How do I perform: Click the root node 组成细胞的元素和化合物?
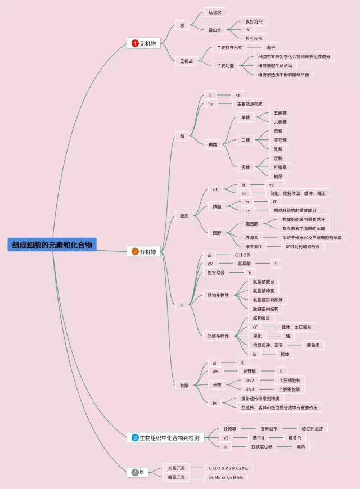click(x=52, y=244)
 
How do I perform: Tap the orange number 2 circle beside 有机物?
click(x=135, y=252)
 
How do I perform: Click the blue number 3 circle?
click(x=135, y=437)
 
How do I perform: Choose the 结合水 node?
click(x=214, y=12)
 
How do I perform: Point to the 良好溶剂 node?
click(x=253, y=21)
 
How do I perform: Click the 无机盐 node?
click(x=186, y=61)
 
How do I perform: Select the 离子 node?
click(x=271, y=48)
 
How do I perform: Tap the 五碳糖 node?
click(x=280, y=112)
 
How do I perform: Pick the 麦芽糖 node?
click(x=280, y=140)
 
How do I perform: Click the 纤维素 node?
click(x=280, y=167)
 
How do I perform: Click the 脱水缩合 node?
click(x=215, y=273)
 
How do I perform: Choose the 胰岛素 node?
click(x=313, y=345)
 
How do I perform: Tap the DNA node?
click(x=250, y=381)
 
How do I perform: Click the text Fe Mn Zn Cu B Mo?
click(x=226, y=477)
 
